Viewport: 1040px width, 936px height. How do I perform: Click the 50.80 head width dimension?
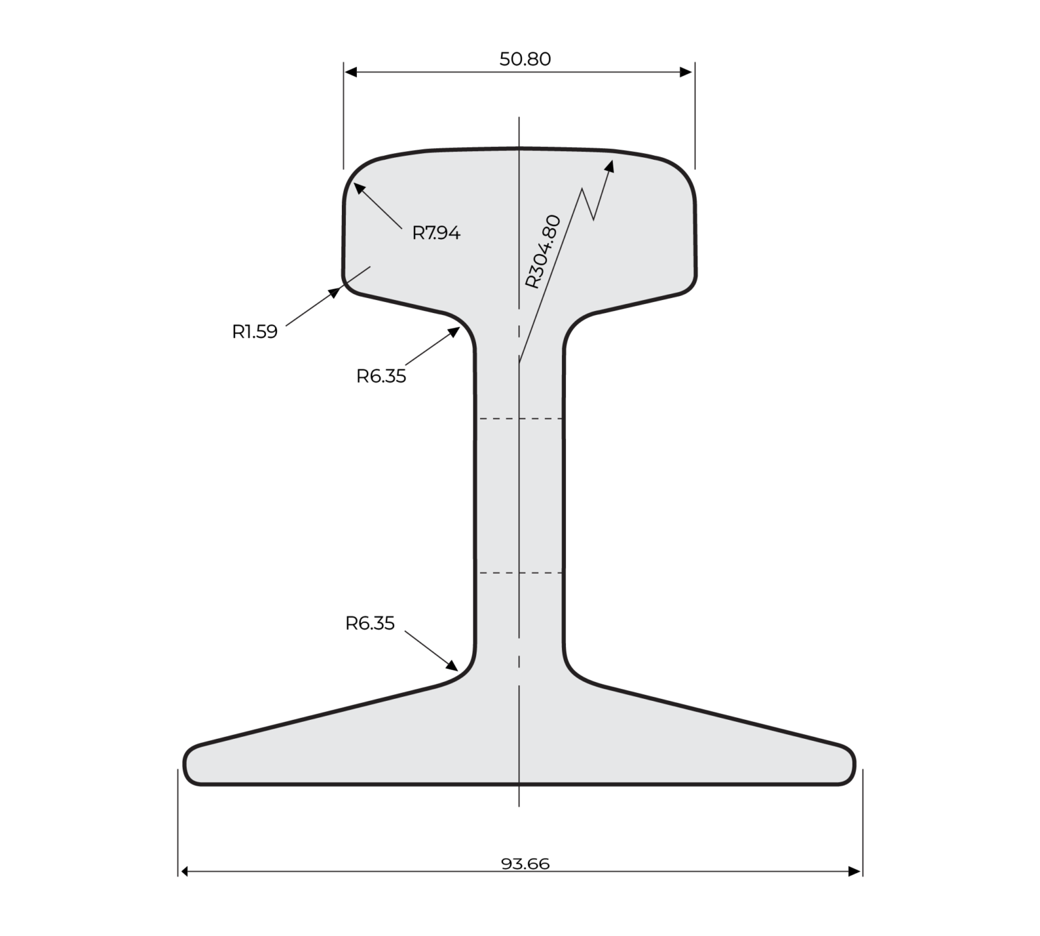(525, 60)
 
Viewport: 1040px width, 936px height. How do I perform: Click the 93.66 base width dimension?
(525, 864)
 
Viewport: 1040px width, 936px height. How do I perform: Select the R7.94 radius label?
(436, 233)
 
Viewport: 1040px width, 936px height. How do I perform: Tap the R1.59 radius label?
(255, 332)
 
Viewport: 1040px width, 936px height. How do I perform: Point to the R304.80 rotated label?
(543, 251)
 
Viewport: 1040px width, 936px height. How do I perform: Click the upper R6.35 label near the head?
(381, 376)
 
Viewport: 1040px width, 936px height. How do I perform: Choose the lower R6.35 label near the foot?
(370, 623)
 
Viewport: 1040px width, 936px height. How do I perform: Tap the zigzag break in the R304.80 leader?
(588, 204)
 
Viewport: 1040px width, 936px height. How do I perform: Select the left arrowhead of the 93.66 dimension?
(184, 872)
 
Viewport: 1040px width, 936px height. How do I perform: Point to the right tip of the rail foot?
(853, 765)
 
